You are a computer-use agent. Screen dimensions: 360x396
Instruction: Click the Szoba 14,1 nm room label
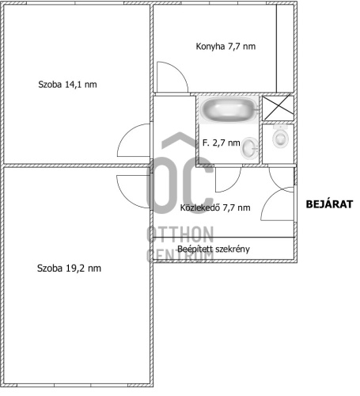click(67, 85)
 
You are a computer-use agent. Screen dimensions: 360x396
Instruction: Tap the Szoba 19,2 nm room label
click(69, 268)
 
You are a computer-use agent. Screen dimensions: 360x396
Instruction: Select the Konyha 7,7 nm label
click(225, 47)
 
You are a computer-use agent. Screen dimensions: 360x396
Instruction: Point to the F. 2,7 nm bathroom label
click(221, 143)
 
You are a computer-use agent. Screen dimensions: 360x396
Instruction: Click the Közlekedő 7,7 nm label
click(215, 208)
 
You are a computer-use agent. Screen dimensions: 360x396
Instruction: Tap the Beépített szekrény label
click(214, 249)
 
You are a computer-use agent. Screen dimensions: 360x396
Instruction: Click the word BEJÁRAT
click(329, 204)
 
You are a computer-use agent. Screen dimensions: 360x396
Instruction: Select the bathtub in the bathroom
click(229, 109)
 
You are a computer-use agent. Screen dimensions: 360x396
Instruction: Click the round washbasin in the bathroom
click(249, 148)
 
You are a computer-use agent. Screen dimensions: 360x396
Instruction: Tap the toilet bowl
click(280, 137)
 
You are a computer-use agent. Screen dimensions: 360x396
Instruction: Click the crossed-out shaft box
click(279, 108)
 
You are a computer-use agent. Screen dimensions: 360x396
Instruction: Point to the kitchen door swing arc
click(180, 70)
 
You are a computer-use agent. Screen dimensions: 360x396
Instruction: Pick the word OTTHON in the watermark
click(180, 234)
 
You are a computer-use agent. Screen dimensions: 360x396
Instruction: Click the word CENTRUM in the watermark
click(180, 255)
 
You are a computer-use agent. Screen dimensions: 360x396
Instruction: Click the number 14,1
click(74, 85)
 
